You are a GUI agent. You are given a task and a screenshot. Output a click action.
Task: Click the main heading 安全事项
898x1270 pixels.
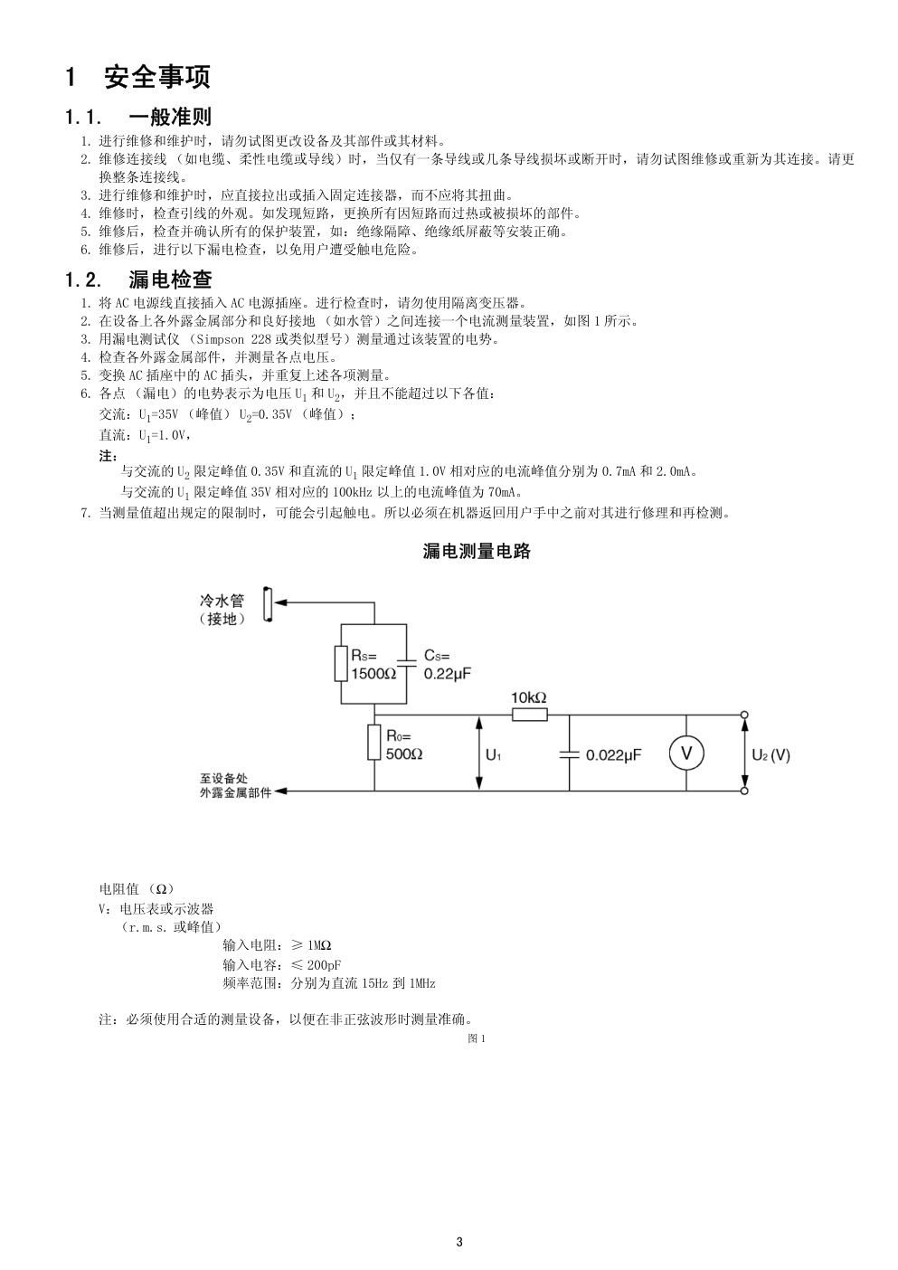157,77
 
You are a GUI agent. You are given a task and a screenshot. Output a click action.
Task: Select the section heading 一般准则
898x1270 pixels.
170,117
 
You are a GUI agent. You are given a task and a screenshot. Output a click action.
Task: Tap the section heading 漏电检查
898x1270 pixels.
170,280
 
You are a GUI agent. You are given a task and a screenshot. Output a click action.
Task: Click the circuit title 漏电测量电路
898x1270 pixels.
477,551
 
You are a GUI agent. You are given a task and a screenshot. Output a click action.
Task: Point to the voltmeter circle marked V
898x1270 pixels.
686,753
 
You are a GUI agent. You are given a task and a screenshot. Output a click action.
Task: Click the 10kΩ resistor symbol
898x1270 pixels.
530,715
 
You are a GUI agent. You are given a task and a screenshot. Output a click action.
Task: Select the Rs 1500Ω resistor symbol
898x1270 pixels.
341,663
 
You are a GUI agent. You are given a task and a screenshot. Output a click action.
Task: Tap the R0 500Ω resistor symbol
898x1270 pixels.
374,742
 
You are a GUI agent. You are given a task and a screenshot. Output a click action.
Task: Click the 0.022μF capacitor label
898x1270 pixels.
613,755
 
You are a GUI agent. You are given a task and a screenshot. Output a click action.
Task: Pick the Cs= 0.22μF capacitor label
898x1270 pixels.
448,665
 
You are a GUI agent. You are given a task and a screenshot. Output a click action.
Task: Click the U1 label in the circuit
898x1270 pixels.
493,755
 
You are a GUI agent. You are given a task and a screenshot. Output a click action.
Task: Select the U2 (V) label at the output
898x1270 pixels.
770,755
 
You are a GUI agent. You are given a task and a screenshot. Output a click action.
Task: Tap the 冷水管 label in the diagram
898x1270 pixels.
222,601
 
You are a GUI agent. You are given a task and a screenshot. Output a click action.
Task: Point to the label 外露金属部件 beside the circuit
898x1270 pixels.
235,792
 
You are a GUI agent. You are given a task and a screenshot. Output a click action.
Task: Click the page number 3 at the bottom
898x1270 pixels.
459,1242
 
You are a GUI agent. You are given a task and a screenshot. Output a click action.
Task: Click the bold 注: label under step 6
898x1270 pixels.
109,456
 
